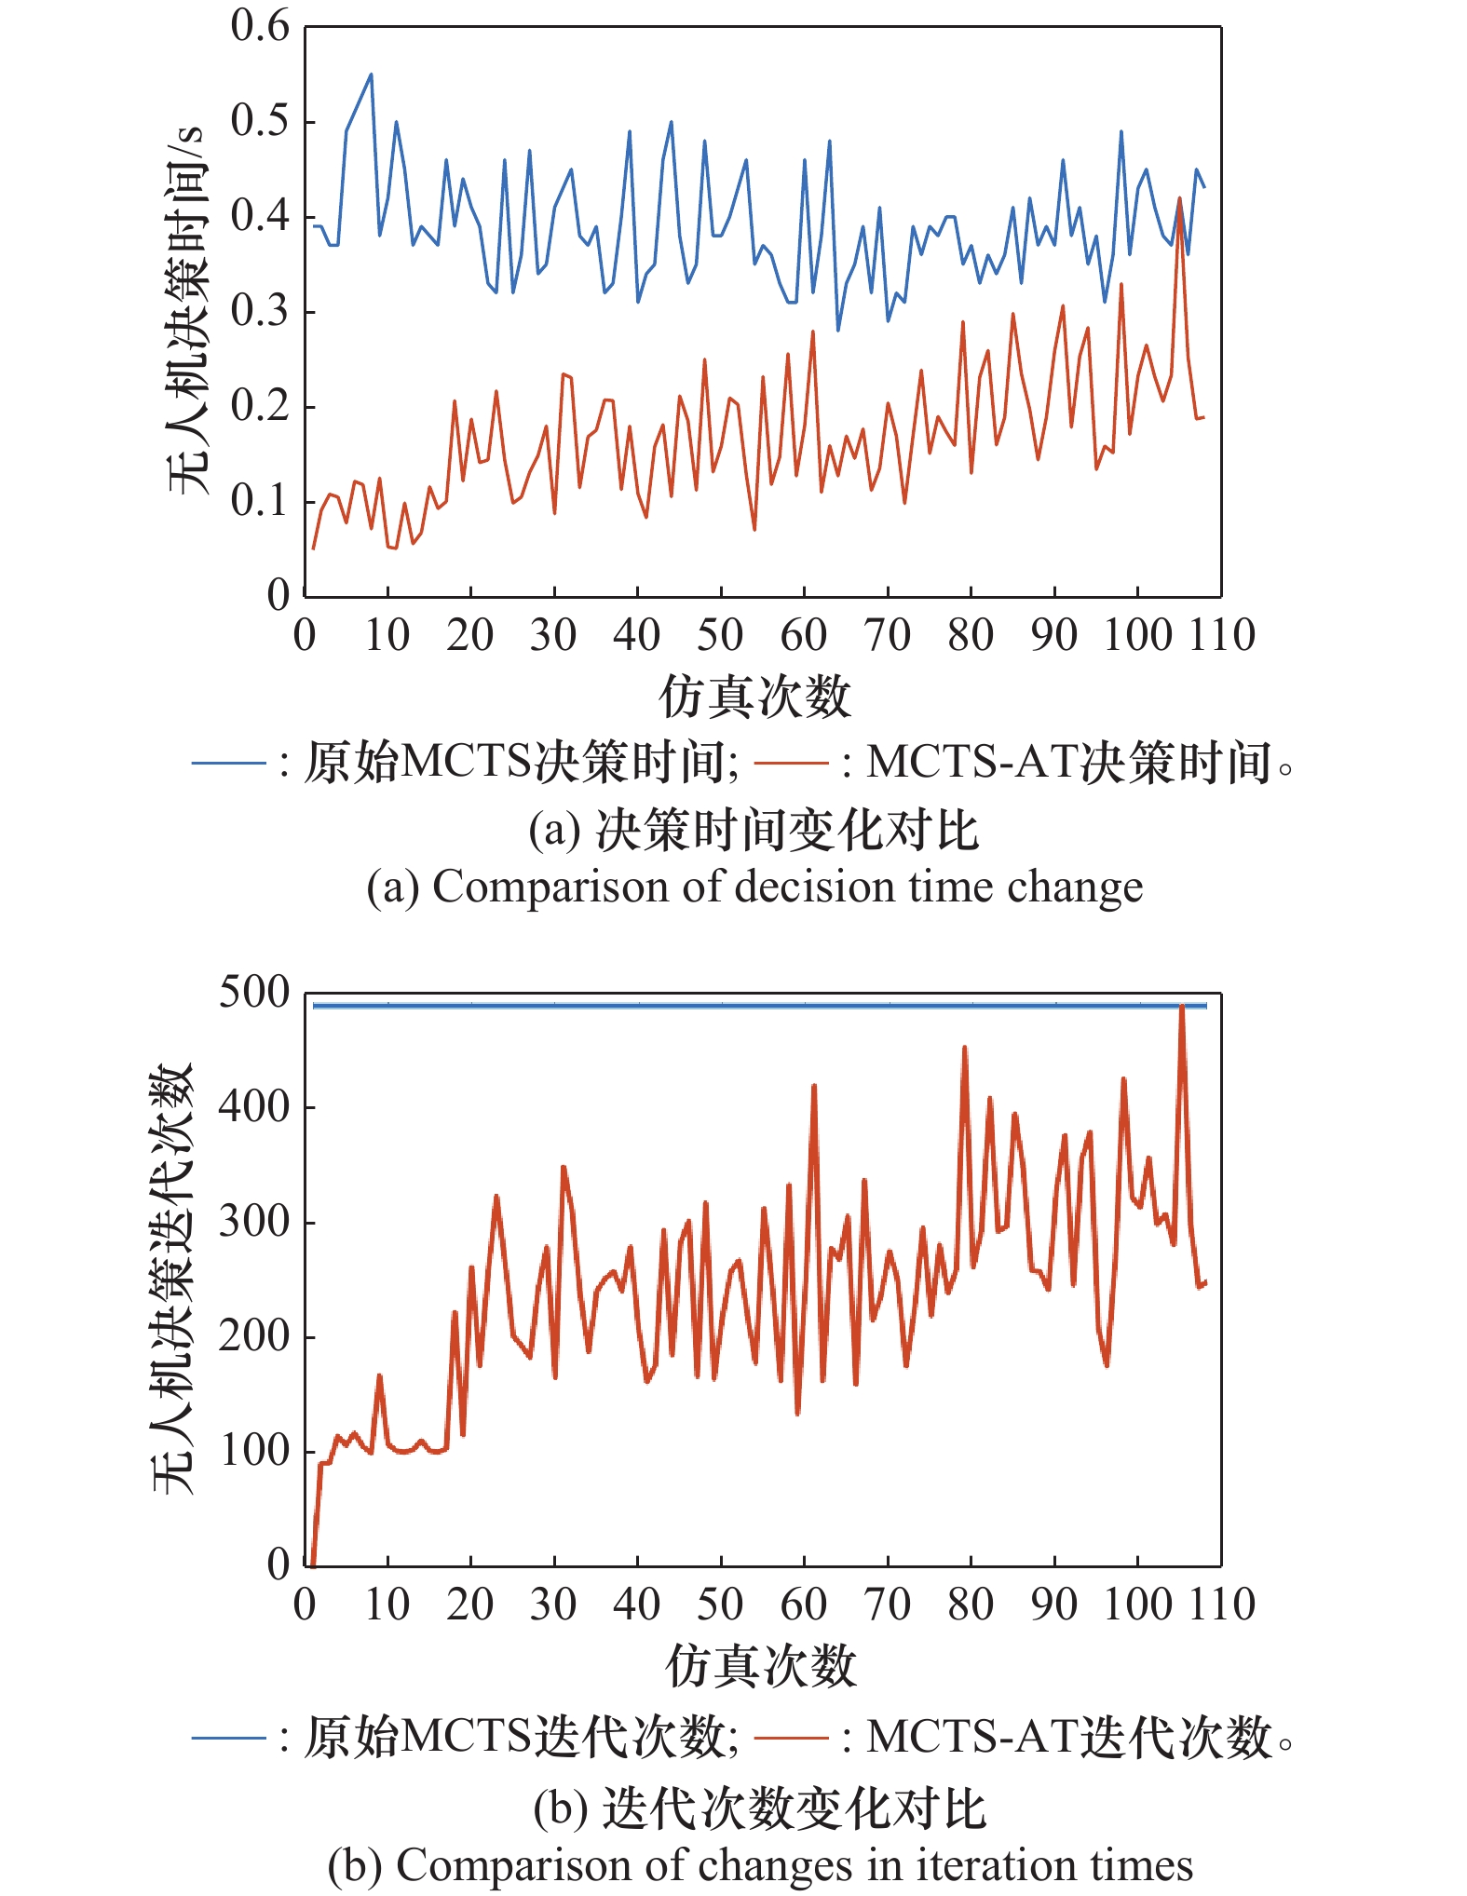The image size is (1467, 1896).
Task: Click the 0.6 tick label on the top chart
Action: [260, 27]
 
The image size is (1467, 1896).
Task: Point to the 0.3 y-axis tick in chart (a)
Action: [260, 312]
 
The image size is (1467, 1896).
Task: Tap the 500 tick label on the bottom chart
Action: [254, 993]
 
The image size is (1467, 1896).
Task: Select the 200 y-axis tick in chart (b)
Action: [254, 1336]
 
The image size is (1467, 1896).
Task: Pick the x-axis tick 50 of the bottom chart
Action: [720, 1605]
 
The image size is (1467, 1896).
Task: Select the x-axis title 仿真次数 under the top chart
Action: [754, 697]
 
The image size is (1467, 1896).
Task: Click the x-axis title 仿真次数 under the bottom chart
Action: [760, 1666]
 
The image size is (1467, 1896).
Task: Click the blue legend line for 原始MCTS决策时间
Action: [229, 764]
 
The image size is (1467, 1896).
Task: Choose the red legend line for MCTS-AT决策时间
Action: [791, 764]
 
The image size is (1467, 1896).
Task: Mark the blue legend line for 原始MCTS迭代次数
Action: [229, 1737]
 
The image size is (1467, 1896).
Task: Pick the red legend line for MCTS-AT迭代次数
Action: [791, 1737]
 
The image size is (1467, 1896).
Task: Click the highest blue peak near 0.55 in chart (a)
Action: [371, 74]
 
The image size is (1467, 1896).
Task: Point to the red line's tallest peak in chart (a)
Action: [1180, 198]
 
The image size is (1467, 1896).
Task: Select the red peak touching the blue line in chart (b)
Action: [1181, 1007]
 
